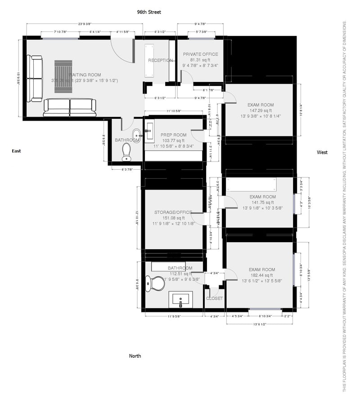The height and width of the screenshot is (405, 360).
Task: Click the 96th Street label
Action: click(x=149, y=12)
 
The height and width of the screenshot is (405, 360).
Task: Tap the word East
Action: click(x=17, y=151)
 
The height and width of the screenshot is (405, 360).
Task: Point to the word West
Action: click(x=322, y=153)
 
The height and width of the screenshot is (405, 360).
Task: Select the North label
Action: click(x=135, y=356)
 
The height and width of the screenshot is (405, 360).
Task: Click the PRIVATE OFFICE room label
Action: click(x=200, y=54)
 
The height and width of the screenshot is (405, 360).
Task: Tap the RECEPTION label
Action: click(x=160, y=60)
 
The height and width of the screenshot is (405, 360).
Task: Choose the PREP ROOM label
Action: click(x=174, y=135)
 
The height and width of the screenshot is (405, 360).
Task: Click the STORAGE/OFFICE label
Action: click(x=173, y=212)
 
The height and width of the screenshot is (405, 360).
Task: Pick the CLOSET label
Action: click(x=214, y=298)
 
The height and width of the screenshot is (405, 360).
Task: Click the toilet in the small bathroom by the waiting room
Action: click(x=126, y=151)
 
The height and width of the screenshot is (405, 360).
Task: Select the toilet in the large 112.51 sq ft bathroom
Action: click(x=156, y=283)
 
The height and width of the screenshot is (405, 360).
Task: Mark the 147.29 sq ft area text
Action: click(x=261, y=110)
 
